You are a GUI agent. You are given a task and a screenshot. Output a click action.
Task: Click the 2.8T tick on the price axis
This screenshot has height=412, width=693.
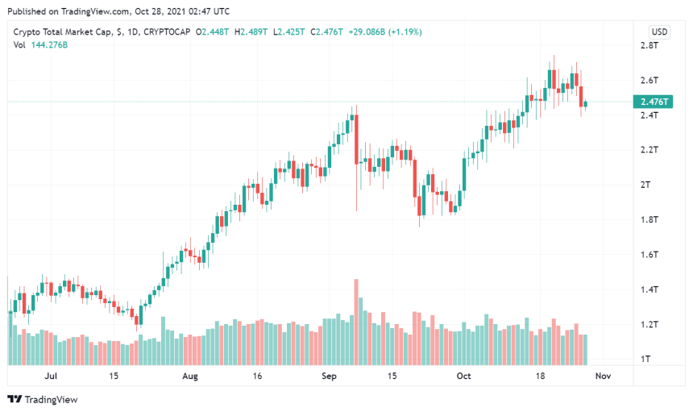(649, 46)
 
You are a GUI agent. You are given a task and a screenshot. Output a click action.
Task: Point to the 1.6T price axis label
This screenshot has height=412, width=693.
(649, 255)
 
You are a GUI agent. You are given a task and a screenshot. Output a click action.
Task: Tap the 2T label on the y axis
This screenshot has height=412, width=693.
(646, 185)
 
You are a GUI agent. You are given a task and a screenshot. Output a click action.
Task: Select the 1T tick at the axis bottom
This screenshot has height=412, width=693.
(646, 359)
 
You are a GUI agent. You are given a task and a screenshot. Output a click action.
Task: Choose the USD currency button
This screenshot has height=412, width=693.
(659, 32)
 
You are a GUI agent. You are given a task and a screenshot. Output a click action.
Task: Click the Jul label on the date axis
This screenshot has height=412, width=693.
(52, 376)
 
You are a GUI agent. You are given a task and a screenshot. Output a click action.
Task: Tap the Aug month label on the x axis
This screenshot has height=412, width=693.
(190, 376)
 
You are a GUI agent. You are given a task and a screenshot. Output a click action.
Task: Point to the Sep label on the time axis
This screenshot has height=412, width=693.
(330, 376)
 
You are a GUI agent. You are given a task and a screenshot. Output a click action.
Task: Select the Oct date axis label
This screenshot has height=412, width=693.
(463, 376)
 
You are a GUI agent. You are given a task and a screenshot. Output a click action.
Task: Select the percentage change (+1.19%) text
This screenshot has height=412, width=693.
(405, 32)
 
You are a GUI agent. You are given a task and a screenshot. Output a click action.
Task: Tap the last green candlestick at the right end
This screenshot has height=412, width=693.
(586, 103)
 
